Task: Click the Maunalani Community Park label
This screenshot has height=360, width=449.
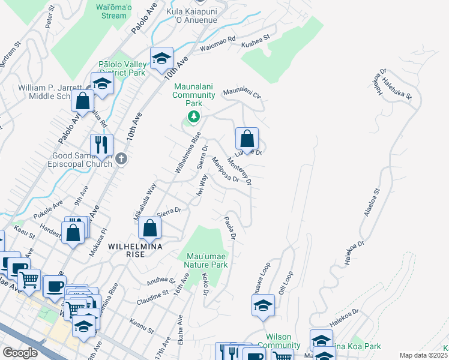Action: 194,95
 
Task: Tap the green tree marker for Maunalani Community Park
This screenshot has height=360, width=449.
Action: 193,116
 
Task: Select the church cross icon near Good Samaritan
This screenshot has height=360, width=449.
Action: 121,159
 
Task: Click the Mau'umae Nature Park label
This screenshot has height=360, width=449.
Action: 203,260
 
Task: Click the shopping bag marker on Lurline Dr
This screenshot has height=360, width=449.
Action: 247,139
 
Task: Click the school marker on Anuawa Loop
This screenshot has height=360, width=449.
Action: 263,306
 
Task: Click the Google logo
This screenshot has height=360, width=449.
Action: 20,352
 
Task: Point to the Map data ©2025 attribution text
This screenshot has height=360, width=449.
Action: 423,355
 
